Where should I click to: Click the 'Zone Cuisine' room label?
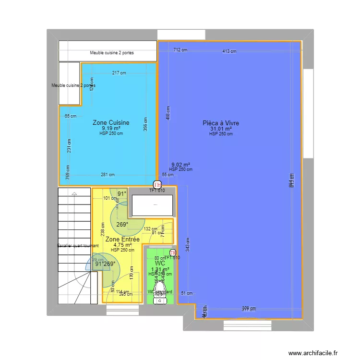[x=111, y=123]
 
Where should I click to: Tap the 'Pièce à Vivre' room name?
[x=221, y=123]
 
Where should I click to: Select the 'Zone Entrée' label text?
[x=122, y=239]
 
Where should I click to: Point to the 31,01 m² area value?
[x=221, y=129]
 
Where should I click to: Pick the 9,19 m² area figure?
[x=111, y=128]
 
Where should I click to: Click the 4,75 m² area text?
[x=122, y=245]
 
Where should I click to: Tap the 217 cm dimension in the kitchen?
[x=119, y=73]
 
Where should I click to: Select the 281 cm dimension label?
[x=108, y=175]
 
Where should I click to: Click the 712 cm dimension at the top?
[x=180, y=49]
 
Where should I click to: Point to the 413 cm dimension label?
[x=229, y=51]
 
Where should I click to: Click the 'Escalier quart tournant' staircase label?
[x=78, y=246]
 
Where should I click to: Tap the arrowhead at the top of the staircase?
[x=74, y=193]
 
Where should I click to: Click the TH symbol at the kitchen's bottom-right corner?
[x=157, y=184]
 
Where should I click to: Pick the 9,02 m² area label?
[x=181, y=164]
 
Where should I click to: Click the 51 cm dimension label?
[x=186, y=293]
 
